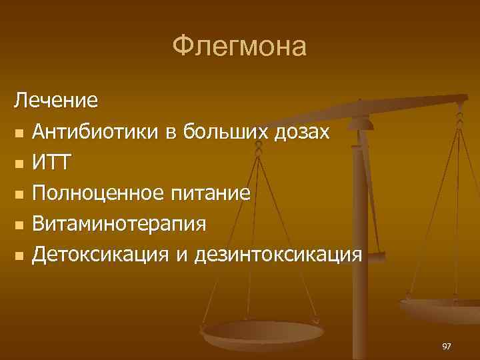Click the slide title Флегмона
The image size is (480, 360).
click(239, 47)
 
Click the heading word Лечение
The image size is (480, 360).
click(57, 101)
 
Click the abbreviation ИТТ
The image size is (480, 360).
click(54, 162)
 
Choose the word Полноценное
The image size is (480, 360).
click(101, 193)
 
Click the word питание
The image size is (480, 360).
click(213, 193)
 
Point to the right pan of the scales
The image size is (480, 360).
click(440, 309)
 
